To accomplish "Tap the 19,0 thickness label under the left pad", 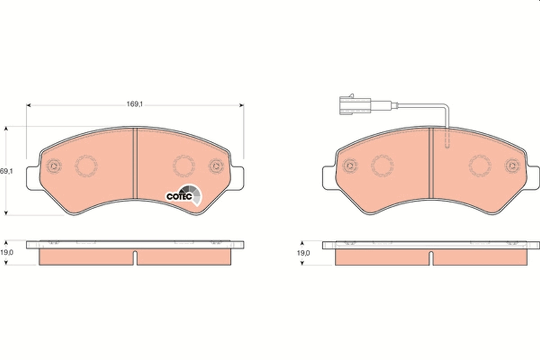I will (6, 253).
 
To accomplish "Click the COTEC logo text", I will (179, 196).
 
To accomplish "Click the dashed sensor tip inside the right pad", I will (446, 139).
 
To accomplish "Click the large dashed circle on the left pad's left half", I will (85, 166).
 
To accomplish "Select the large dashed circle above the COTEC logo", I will (183, 166).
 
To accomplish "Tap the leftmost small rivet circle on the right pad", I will (350, 166).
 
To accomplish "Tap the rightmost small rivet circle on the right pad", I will (512, 166).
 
